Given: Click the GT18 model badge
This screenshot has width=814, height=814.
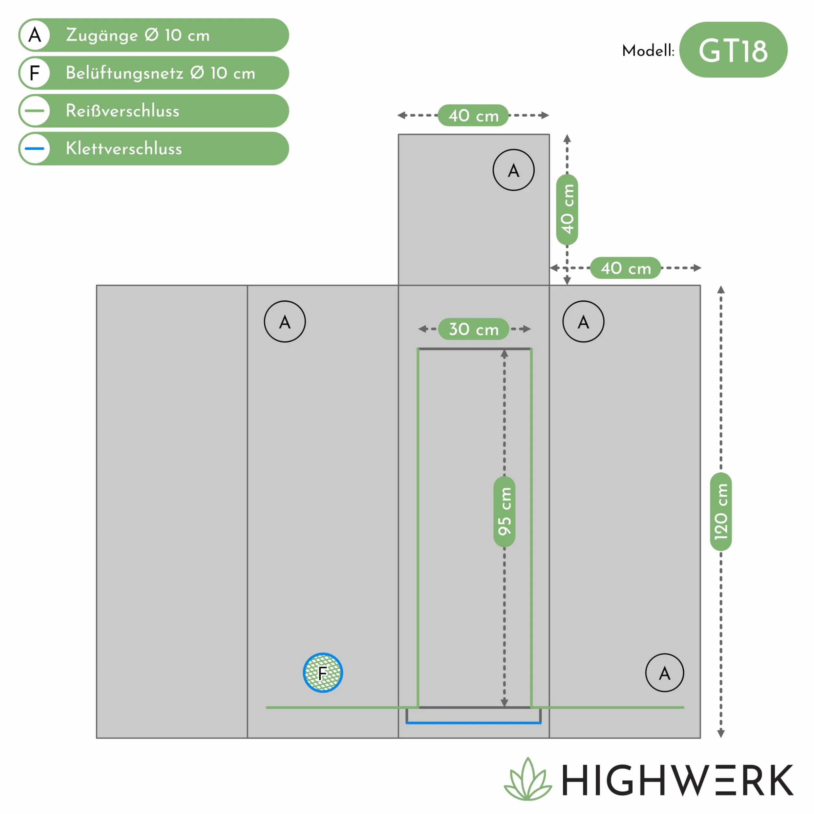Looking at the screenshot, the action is tap(733, 50).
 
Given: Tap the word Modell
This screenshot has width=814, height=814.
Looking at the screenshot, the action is tap(648, 51).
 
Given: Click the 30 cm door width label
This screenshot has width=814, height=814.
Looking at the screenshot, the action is tap(473, 329).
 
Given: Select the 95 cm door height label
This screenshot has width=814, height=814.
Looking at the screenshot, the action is tap(504, 511).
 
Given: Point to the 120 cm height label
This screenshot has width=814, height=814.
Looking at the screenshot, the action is tap(721, 511).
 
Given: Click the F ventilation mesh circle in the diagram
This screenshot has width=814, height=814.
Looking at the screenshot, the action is tap(323, 673).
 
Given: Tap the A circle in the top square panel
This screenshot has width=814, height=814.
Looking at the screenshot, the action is tap(514, 170).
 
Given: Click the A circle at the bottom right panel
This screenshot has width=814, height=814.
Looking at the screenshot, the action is tap(664, 673).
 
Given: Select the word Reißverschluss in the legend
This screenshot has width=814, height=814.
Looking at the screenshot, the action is tap(123, 111).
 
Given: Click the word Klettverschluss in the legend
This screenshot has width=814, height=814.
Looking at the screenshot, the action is tap(124, 149).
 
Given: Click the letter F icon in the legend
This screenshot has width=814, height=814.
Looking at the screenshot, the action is tap(35, 73).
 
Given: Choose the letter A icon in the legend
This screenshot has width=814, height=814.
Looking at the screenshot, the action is tap(35, 35).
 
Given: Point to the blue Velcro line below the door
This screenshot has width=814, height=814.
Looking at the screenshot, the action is tap(473, 723).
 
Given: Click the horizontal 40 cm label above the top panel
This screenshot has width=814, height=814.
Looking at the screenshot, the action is tap(473, 115).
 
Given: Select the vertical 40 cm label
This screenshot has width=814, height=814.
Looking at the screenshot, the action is tap(567, 209).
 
